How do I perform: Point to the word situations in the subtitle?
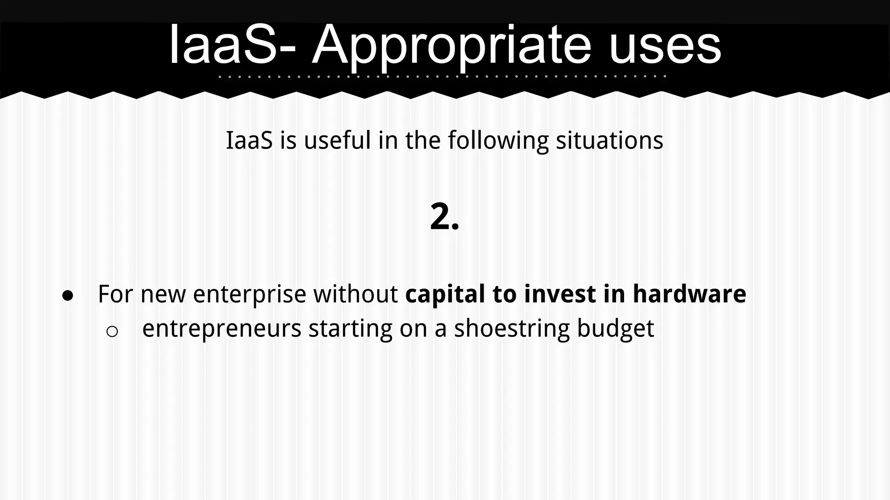609,141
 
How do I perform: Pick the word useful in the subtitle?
337,141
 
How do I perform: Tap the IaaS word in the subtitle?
249,141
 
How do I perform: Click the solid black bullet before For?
68,296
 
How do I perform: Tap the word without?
355,294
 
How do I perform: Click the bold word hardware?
689,294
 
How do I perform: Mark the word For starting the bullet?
116,294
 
